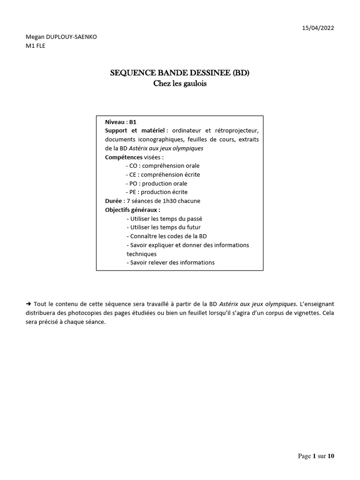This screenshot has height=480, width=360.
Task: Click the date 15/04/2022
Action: coord(318,28)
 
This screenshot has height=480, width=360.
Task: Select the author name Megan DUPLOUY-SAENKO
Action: coord(61,37)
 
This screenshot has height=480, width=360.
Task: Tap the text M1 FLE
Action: coord(35,46)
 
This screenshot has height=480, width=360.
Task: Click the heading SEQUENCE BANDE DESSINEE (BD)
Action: coord(180,73)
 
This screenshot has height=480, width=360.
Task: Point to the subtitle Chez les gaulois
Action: coord(180,84)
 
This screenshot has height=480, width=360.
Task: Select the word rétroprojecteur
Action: coord(237,130)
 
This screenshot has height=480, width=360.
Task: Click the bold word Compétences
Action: coord(123,157)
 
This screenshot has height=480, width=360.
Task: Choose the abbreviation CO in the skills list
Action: coord(134,166)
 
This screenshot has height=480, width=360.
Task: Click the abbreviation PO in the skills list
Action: coord(134,184)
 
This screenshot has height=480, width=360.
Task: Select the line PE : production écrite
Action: coord(158,192)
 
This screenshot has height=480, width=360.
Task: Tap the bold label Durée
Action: coord(114,201)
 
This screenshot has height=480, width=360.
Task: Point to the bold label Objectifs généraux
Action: coord(132,210)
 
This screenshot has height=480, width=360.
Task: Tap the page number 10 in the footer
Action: coord(331,456)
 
